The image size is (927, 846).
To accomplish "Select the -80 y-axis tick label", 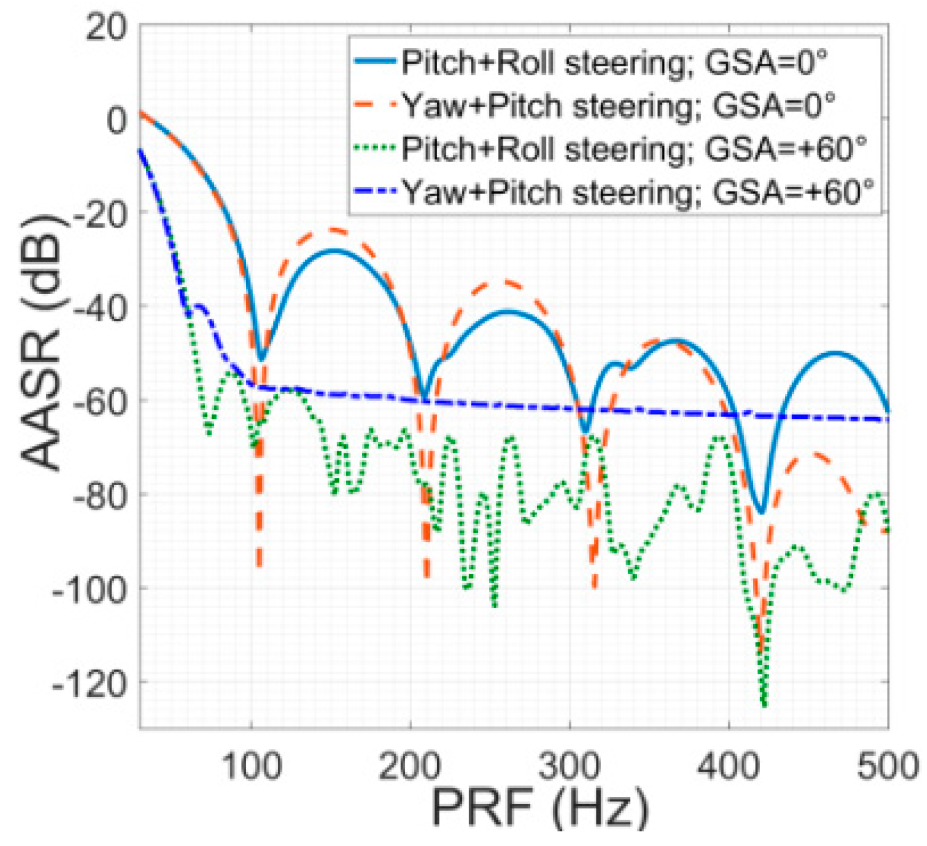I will point(101,495).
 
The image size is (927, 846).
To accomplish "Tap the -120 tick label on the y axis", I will point(96,683).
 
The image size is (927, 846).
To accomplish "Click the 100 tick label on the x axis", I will point(252,765).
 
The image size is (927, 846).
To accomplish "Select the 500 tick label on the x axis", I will point(887,765).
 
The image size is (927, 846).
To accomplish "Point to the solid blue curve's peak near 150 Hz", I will point(333,251).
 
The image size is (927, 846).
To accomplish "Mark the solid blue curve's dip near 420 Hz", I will point(761,512).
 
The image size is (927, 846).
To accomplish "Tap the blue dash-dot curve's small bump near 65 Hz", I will point(200,305).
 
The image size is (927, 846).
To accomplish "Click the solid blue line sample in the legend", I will point(376,62).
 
